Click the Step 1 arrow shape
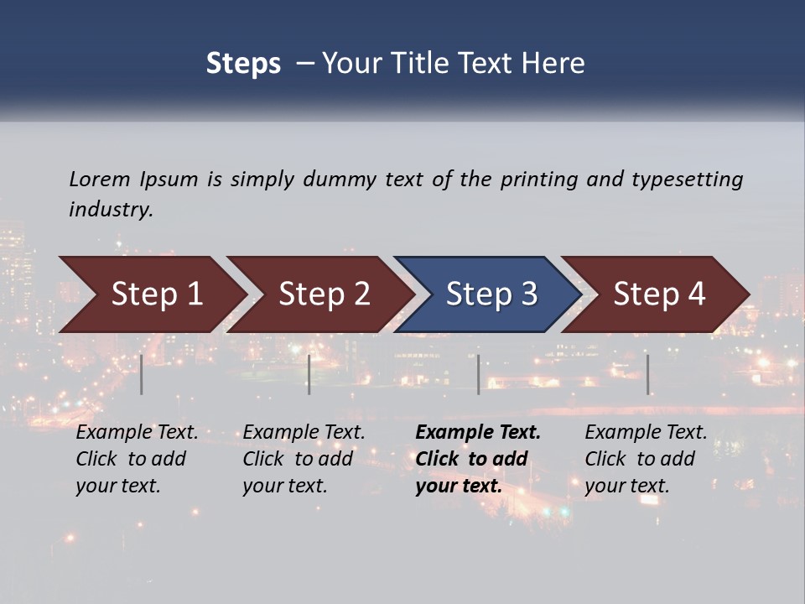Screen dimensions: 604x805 [x=151, y=294]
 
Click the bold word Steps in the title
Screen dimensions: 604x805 [x=243, y=63]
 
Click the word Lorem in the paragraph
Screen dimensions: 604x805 [x=99, y=179]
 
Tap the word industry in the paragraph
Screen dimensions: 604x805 [x=110, y=209]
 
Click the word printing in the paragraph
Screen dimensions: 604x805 [x=538, y=180]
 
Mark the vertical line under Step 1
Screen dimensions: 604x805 [x=142, y=374]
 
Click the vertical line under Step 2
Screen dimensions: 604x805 [x=309, y=374]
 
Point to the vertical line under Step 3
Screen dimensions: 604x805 [x=478, y=374]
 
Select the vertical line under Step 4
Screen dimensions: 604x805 [x=648, y=374]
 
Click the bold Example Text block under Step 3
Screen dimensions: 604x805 [x=477, y=459]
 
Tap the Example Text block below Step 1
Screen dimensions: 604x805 [x=137, y=459]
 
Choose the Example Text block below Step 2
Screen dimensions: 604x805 [x=304, y=459]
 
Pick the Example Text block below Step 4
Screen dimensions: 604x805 [x=646, y=459]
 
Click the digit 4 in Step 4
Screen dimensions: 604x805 [x=696, y=294]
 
